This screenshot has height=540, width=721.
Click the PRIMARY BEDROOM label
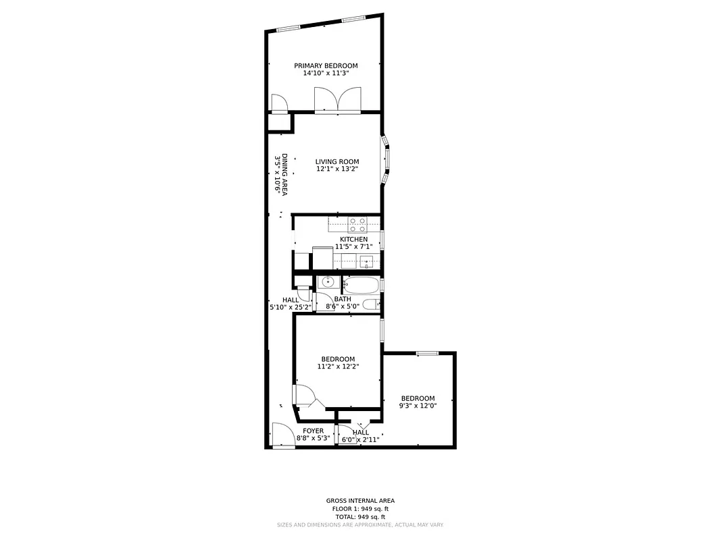326,65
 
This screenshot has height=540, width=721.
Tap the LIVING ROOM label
337,161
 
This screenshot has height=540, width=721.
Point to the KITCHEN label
353,239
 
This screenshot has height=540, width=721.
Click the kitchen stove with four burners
356,224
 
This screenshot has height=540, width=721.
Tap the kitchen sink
366,261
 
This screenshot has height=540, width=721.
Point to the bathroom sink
327,283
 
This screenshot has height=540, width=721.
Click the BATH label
343,299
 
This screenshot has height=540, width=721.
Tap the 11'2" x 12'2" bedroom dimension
338,367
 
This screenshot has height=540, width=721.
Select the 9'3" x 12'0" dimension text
418,406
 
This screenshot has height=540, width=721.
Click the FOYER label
313,431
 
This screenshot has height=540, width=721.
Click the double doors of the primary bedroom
338,101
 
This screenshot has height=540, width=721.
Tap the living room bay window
385,161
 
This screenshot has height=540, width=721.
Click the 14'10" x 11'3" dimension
326,73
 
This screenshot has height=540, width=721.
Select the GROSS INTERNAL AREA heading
360,501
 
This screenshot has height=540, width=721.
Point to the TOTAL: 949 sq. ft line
360,516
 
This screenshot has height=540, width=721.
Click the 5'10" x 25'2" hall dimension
291,307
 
